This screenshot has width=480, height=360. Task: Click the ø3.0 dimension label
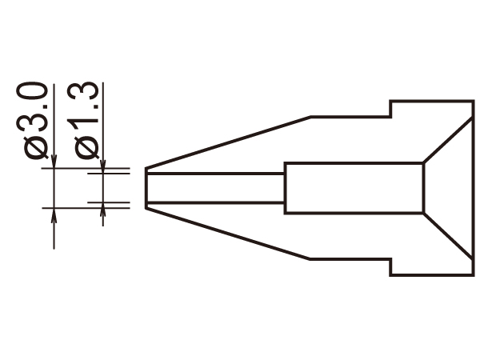tap(32, 121)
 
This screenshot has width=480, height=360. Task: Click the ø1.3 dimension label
tap(82, 121)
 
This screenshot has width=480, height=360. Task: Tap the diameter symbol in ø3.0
tap(36, 148)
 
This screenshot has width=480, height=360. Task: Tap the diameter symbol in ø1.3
tap(86, 148)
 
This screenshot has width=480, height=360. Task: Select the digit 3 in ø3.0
tap(32, 123)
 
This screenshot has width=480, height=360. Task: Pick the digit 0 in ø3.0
tap(32, 92)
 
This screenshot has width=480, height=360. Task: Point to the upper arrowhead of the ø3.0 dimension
tap(54, 162)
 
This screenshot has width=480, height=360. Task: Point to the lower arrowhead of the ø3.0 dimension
tap(54, 215)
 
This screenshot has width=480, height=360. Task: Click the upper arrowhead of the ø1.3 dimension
tap(103, 166)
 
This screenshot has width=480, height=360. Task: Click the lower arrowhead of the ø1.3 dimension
tap(103, 210)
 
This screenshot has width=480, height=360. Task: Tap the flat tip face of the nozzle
tap(146, 188)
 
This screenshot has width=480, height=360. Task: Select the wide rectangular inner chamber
tap(354, 188)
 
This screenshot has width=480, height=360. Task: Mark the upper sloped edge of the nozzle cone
tap(228, 142)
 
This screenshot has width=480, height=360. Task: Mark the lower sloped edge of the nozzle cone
tap(228, 234)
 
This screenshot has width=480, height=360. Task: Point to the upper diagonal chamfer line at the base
tap(448, 140)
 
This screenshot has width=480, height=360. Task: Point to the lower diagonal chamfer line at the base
tap(448, 236)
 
